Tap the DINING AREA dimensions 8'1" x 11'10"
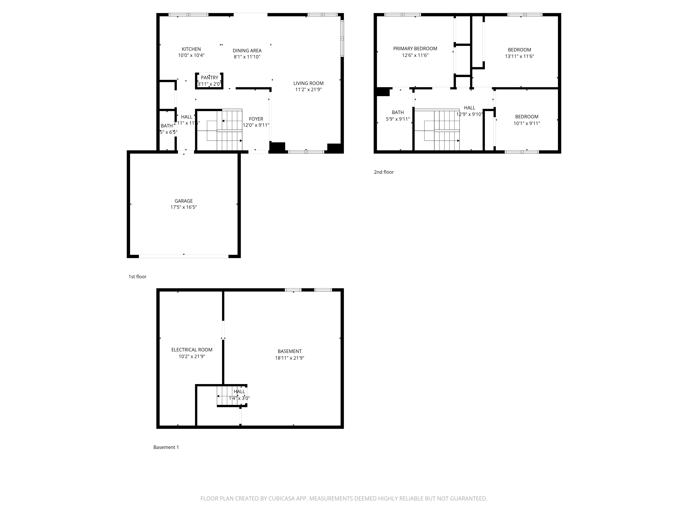[x=247, y=57]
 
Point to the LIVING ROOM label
[x=308, y=83]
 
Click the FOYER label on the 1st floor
[x=256, y=119]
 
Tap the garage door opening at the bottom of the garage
[x=184, y=256]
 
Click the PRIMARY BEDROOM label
[x=415, y=49]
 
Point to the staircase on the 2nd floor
[x=437, y=130]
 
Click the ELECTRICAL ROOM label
[x=192, y=350]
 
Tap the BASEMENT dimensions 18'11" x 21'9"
[x=289, y=358]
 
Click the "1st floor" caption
[x=137, y=277]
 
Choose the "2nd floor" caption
[x=384, y=172]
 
